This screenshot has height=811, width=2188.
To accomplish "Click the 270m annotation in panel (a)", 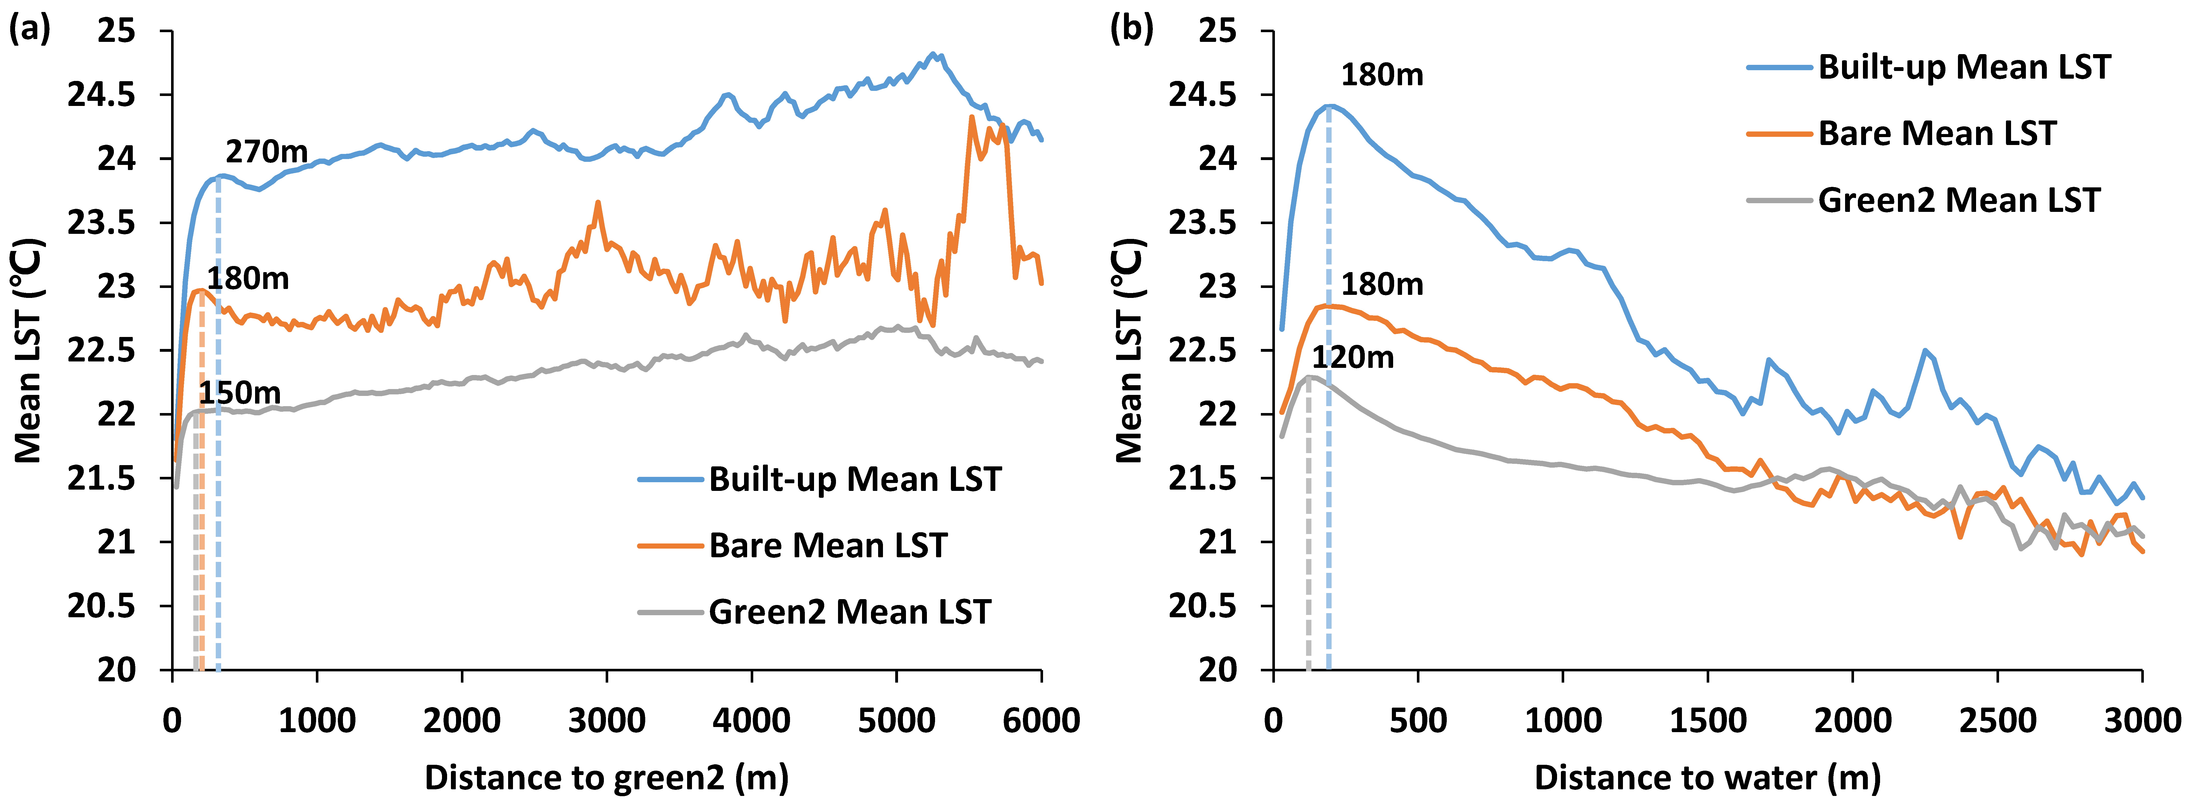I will point(267,152).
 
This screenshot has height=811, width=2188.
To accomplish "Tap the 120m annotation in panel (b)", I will point(1353,358).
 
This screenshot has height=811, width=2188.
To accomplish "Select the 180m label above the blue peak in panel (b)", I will point(1382,76).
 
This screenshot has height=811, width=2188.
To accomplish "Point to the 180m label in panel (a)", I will point(248,279).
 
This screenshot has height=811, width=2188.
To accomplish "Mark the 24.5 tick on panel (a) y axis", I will point(101,95).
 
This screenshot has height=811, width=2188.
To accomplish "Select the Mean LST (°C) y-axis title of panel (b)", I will point(1130,350).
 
